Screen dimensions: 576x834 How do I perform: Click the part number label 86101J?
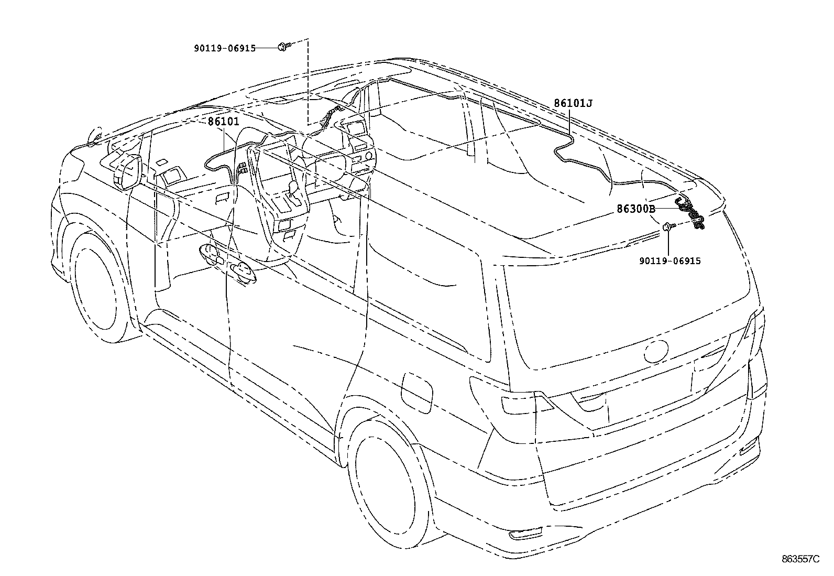click(x=573, y=103)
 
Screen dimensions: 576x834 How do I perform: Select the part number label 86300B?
click(x=635, y=209)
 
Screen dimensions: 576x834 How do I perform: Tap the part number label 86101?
click(x=223, y=122)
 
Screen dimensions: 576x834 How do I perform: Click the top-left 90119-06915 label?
click(x=224, y=48)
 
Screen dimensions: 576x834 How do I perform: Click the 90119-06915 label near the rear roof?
click(x=670, y=260)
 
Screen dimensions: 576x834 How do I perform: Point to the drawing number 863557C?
click(x=800, y=560)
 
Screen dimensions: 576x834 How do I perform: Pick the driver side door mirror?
click(x=127, y=171)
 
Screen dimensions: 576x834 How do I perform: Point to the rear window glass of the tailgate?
click(x=623, y=309)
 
